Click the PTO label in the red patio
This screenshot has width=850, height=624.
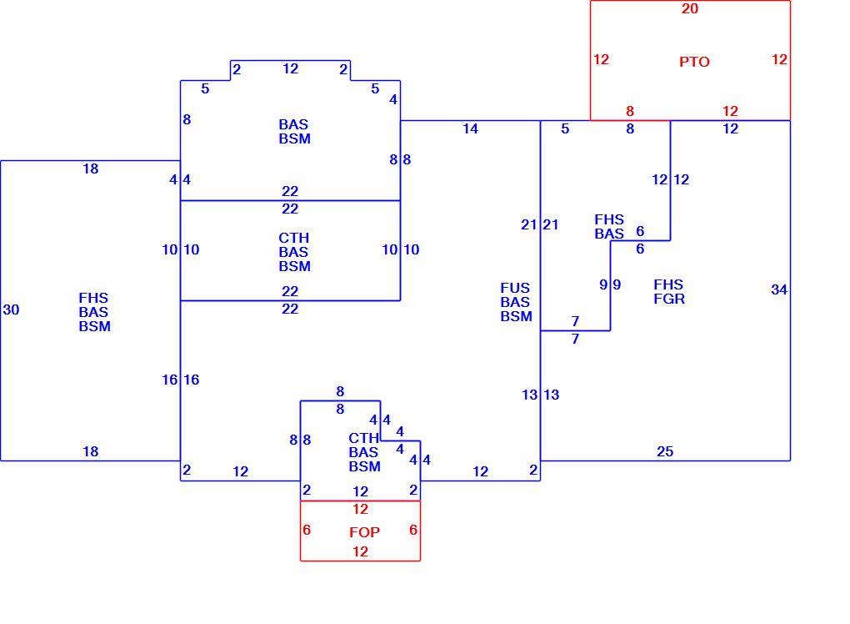(x=694, y=62)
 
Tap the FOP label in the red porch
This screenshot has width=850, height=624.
(x=364, y=532)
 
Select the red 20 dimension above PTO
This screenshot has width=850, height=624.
(x=690, y=8)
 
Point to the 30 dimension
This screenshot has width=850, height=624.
(x=12, y=309)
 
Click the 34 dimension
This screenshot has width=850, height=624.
(x=779, y=289)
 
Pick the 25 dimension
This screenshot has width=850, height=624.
(x=665, y=451)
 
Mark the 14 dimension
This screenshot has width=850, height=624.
(x=471, y=128)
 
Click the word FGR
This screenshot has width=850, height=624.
(x=669, y=299)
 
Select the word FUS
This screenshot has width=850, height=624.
(x=515, y=288)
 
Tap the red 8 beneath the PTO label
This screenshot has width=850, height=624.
(x=630, y=111)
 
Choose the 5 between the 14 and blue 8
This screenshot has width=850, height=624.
(x=565, y=128)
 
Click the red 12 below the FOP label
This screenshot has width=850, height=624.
(x=361, y=551)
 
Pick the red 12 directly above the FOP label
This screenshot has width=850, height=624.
(x=361, y=509)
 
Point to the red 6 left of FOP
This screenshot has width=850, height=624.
(x=307, y=530)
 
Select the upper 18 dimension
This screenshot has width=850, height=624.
(x=91, y=169)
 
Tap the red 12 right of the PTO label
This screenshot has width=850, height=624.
(x=779, y=59)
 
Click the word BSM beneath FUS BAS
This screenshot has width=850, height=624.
(x=516, y=316)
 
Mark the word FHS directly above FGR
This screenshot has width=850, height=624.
(x=668, y=284)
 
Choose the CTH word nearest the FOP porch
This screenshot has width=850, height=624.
(x=363, y=438)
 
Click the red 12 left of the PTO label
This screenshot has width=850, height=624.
(x=601, y=59)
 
